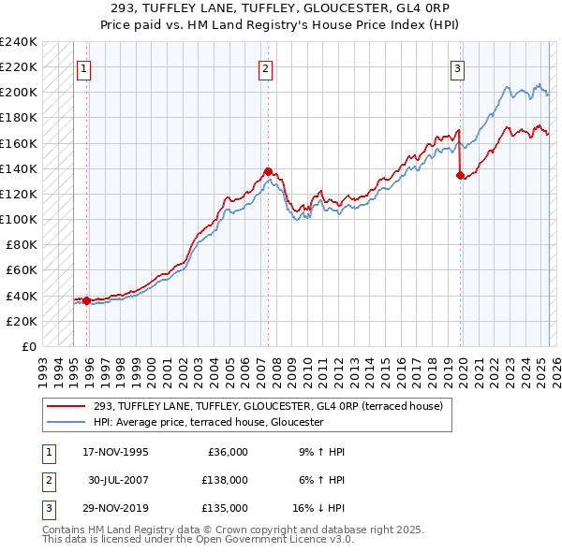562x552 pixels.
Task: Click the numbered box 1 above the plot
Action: click(x=84, y=68)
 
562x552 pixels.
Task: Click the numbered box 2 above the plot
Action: click(x=266, y=68)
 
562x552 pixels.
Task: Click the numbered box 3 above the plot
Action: click(x=458, y=68)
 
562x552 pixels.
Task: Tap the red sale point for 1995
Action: click(x=86, y=300)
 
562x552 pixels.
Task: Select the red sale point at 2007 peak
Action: click(x=268, y=171)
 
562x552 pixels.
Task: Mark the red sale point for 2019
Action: click(x=461, y=175)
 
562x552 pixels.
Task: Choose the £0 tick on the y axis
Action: click(x=30, y=346)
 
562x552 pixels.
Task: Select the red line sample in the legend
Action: click(x=67, y=405)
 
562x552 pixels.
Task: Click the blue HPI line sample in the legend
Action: click(x=67, y=422)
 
